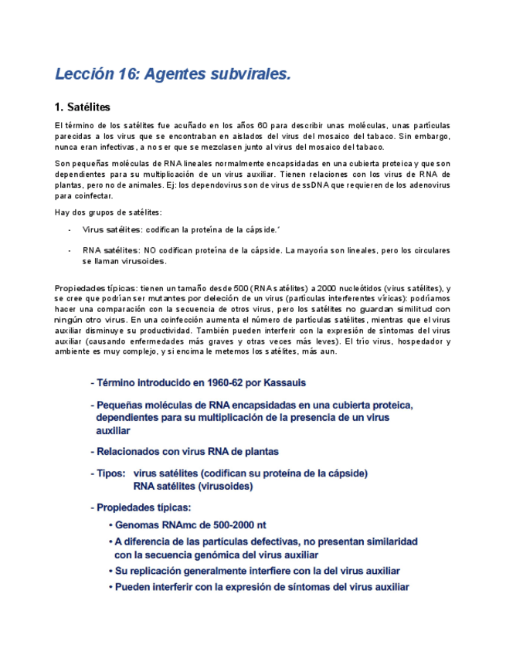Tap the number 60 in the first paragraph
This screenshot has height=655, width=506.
click(x=263, y=125)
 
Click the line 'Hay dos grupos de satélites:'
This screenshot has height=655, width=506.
click(x=108, y=212)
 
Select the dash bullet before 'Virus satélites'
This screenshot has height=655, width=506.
click(x=70, y=229)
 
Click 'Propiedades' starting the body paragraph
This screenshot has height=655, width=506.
click(x=79, y=288)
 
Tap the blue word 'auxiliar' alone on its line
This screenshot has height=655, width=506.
click(x=113, y=431)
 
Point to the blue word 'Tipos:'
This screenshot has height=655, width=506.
click(x=110, y=473)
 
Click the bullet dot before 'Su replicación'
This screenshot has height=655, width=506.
click(x=110, y=572)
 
